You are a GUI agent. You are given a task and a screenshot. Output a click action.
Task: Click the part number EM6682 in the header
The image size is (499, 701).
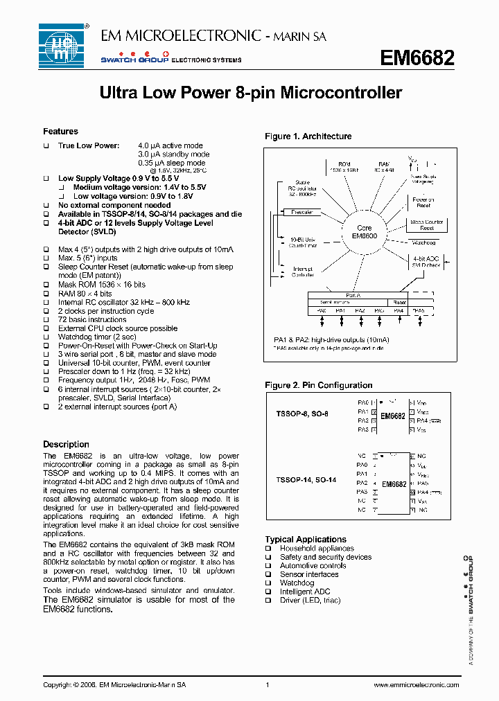417,58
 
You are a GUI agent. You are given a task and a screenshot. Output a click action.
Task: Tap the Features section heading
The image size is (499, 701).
60,132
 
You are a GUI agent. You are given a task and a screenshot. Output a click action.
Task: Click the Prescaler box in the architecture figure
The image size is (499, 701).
302,212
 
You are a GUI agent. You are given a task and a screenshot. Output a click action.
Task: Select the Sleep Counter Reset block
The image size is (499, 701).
427,224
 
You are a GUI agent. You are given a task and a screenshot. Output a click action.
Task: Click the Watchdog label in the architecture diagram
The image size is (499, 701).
423,243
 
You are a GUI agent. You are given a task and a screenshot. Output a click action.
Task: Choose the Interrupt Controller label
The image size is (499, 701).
303,272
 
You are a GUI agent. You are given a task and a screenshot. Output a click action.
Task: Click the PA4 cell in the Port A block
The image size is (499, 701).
399,311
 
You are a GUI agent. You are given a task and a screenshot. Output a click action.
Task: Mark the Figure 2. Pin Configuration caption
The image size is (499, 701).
318,385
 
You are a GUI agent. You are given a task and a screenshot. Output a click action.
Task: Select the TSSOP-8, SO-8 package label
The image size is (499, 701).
302,414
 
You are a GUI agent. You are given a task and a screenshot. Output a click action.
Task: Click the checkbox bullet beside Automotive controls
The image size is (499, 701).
268,566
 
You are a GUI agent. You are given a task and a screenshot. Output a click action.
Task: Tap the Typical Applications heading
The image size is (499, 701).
305,539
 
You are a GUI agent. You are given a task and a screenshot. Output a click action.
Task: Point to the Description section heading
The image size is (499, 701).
66,444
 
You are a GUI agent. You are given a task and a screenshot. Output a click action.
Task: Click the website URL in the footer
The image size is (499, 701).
416,684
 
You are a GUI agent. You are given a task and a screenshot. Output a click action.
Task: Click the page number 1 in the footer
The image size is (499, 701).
267,684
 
